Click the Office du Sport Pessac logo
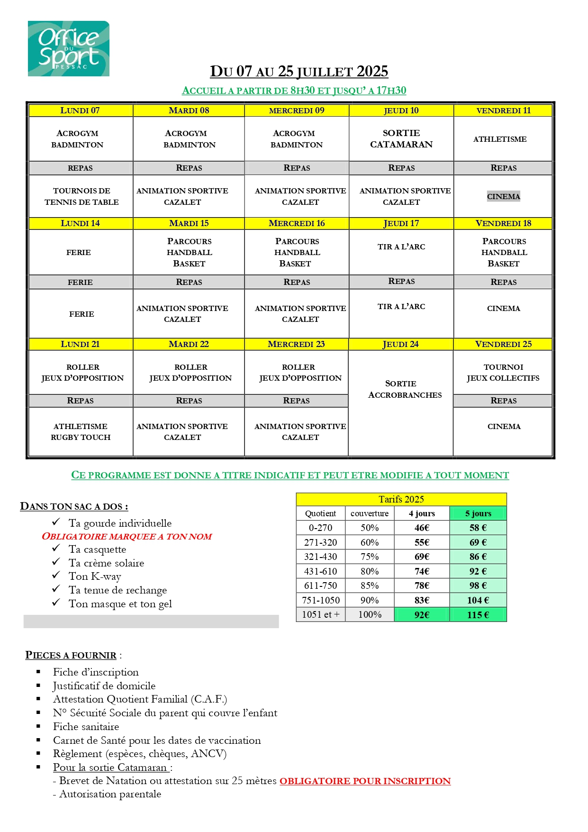coord(69,49)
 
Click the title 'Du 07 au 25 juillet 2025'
coord(299,72)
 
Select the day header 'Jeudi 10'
coord(401,110)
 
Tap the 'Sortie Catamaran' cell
coord(401,139)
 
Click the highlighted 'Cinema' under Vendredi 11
coord(503,197)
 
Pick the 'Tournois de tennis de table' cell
coord(81,196)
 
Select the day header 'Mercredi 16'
coord(297,223)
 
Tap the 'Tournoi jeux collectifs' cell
coord(503,373)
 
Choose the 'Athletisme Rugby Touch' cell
coord(81,432)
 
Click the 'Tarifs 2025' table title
coord(401,499)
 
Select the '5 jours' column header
coord(478,513)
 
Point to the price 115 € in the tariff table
coord(478,615)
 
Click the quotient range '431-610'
coord(320,571)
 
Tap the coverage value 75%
coord(370,557)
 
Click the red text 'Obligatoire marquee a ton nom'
coord(127,537)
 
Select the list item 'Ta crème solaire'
coord(106,563)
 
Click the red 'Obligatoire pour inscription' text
coord(365,781)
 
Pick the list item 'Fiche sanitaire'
coord(86,727)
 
